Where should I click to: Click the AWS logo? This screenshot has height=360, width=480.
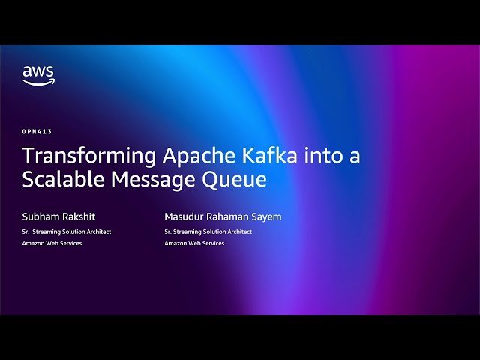(x=38, y=76)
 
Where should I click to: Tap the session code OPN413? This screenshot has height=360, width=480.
(x=37, y=131)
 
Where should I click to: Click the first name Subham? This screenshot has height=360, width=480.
(x=39, y=217)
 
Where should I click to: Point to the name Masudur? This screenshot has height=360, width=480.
(x=184, y=217)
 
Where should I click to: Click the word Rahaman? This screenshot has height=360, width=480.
(x=230, y=217)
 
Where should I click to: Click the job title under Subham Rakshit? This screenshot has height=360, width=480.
(x=67, y=232)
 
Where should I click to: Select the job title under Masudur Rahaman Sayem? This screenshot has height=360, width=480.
(x=208, y=232)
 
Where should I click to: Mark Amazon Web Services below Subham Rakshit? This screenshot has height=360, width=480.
(x=52, y=244)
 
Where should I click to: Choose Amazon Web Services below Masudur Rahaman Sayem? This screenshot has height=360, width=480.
(x=194, y=244)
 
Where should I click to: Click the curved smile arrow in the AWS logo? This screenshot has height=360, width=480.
(x=38, y=82)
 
